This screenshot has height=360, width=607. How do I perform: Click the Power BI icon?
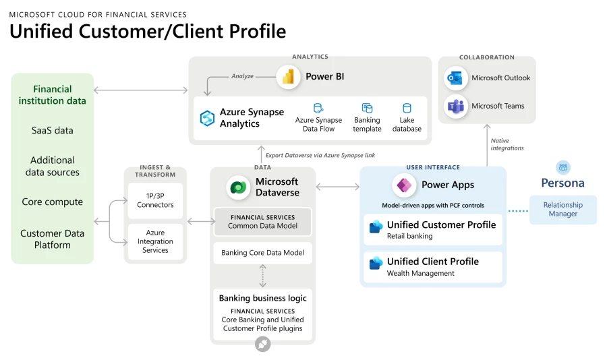289,77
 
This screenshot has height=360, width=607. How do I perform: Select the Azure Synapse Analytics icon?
207,119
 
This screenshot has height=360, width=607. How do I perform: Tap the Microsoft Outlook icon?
456,78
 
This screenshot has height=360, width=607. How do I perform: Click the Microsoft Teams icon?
456,107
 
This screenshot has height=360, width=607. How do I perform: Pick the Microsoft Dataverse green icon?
239,187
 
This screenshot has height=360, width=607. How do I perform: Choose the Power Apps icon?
405,185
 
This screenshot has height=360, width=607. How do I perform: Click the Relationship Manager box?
562,210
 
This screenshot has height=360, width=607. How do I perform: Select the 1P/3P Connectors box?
155,200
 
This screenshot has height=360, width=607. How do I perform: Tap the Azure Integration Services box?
155,241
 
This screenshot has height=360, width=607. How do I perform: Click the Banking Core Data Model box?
262,253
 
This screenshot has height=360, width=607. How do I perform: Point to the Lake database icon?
407,109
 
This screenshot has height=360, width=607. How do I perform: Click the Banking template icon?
367,109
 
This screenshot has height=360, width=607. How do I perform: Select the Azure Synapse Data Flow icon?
318,109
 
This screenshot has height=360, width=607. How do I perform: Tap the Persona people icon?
562,167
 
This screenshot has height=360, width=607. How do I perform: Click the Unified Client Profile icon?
376,264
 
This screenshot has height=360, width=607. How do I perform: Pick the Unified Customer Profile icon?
376,227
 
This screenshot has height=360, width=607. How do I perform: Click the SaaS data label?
53,131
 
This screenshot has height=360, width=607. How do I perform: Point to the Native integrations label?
507,144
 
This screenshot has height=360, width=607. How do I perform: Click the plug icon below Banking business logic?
262,344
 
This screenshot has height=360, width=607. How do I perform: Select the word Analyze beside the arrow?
242,76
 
